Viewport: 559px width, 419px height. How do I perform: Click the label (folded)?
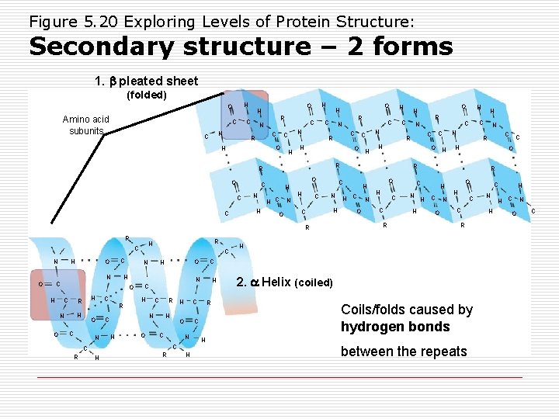coord(147,95)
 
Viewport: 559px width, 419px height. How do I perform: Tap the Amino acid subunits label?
coord(85,125)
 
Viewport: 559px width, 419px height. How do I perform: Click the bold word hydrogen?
coord(369,327)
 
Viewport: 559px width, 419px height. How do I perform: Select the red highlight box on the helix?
coord(58,295)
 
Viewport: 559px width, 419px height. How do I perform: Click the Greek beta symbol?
coord(111,81)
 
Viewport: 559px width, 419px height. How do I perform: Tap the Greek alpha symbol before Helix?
coord(254,282)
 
